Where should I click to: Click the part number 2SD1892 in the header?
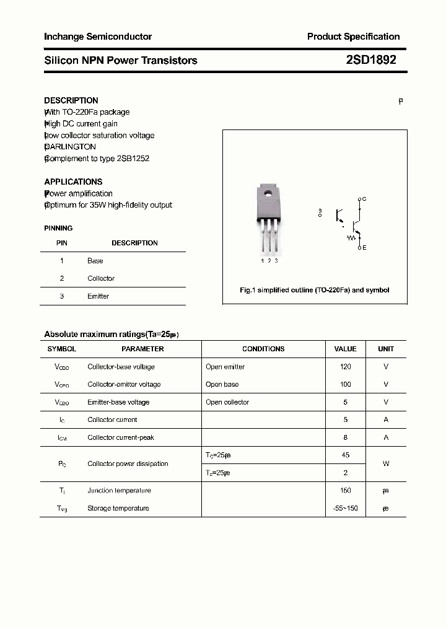click(x=371, y=60)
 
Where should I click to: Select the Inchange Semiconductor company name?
click(x=98, y=37)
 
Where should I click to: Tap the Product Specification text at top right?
click(x=353, y=37)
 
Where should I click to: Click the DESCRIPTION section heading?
click(x=71, y=100)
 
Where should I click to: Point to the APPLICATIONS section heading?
click(x=73, y=182)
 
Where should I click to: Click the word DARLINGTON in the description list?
click(x=71, y=147)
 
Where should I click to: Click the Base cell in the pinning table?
click(x=95, y=261)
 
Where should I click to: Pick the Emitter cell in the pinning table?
click(x=98, y=296)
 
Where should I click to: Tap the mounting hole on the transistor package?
click(x=269, y=194)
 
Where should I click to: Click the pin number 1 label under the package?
click(x=262, y=261)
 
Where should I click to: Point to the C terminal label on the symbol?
click(x=364, y=199)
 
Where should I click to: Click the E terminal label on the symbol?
click(x=364, y=248)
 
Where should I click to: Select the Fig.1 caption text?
click(x=314, y=290)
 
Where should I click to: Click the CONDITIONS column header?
click(x=263, y=349)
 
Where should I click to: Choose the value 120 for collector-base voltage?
click(x=345, y=367)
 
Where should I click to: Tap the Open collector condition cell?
click(x=227, y=402)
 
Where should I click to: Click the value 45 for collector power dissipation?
click(x=345, y=455)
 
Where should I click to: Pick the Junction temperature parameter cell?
click(x=119, y=491)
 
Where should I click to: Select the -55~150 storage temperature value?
click(x=345, y=508)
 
